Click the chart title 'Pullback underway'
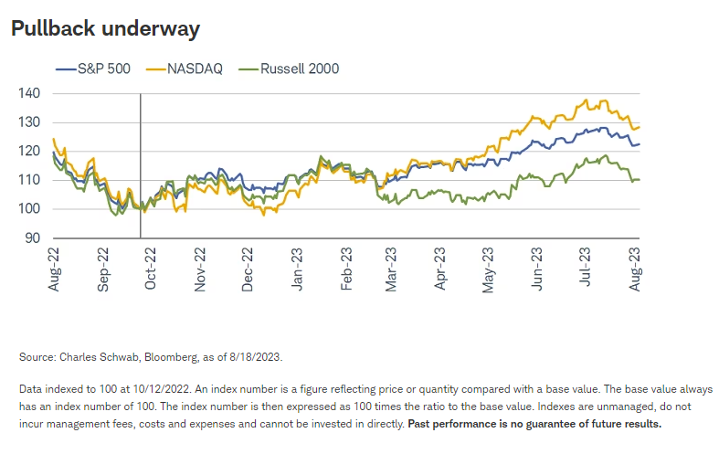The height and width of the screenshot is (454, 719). pos(105,29)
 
